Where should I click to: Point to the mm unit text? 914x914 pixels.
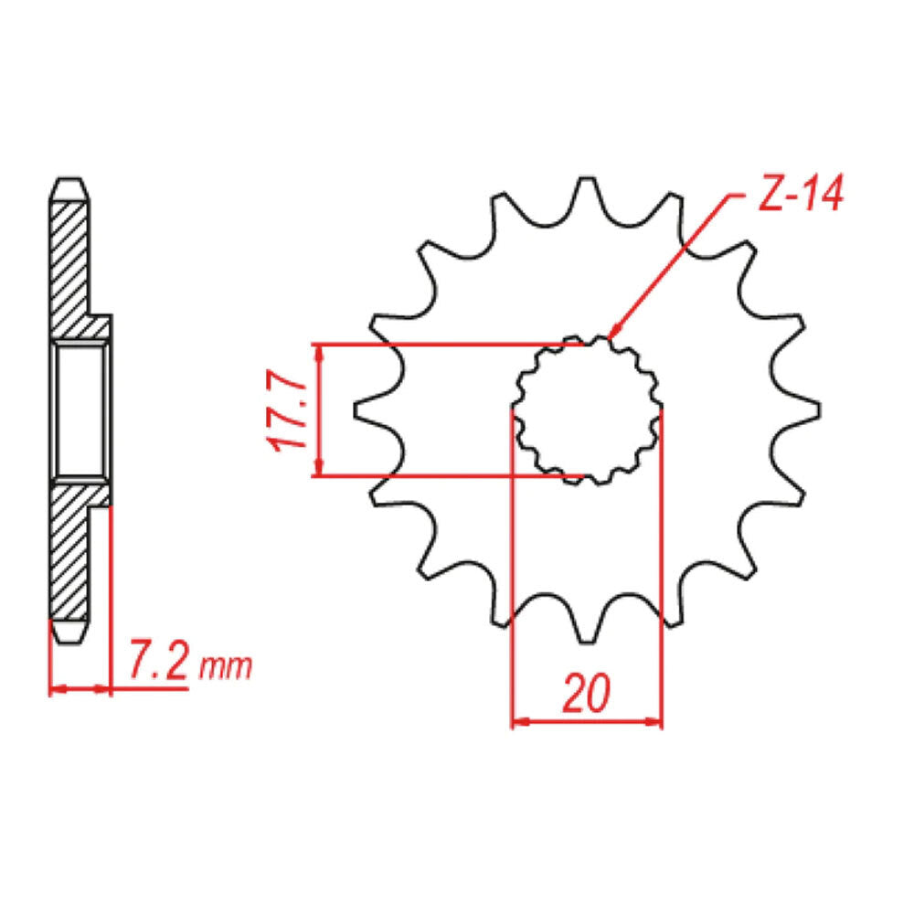(225, 667)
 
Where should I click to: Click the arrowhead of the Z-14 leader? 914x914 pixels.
(611, 335)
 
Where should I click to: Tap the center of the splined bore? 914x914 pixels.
(587, 410)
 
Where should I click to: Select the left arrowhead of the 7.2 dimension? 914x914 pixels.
(55, 687)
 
